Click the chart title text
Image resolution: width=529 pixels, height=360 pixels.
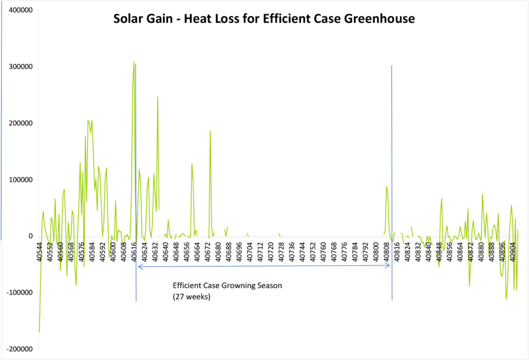264,19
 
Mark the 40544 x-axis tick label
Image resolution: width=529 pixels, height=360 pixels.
40,251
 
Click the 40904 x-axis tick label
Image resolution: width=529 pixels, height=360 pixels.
513,251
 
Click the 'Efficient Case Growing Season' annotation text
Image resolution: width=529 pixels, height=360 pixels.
228,286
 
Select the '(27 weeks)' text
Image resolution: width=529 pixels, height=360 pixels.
192,297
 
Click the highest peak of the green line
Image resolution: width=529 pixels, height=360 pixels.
134,62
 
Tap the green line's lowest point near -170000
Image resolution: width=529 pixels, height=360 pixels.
40,332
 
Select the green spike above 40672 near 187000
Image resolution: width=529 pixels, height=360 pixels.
210,131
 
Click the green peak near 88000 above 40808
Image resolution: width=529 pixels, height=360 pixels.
386,187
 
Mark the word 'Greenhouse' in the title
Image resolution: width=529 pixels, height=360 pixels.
383,19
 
